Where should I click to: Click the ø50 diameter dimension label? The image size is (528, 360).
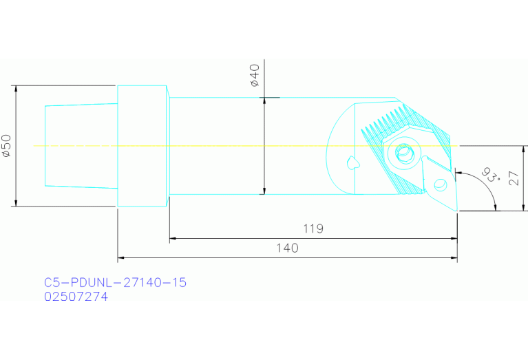[x=6, y=146]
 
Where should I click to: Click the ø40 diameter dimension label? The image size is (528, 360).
[x=254, y=75]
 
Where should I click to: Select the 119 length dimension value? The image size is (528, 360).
[x=313, y=229]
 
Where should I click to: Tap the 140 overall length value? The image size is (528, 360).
[x=288, y=248]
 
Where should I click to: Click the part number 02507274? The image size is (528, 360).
[x=76, y=297]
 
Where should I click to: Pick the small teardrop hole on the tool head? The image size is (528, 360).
[x=352, y=162]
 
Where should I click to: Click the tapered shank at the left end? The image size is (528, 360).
[x=80, y=145]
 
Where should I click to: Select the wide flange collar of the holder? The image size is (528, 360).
[x=142, y=145]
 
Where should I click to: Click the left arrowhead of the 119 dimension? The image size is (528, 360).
[x=173, y=239]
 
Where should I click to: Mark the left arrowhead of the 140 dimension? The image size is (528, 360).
[x=122, y=258]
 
